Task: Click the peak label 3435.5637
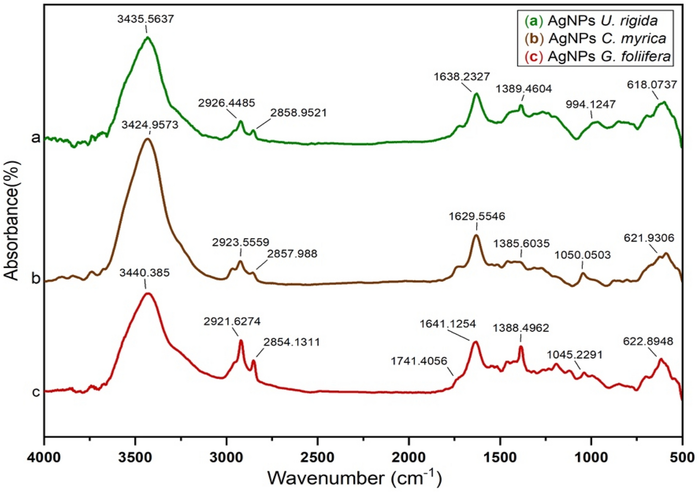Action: click(x=146, y=20)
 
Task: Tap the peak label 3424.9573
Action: click(x=150, y=125)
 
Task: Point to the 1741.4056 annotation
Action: click(x=419, y=361)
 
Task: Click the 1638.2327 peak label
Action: click(x=462, y=77)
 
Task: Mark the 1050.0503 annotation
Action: click(x=582, y=255)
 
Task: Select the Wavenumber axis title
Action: click(x=354, y=478)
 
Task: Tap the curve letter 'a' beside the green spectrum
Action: click(x=35, y=137)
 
